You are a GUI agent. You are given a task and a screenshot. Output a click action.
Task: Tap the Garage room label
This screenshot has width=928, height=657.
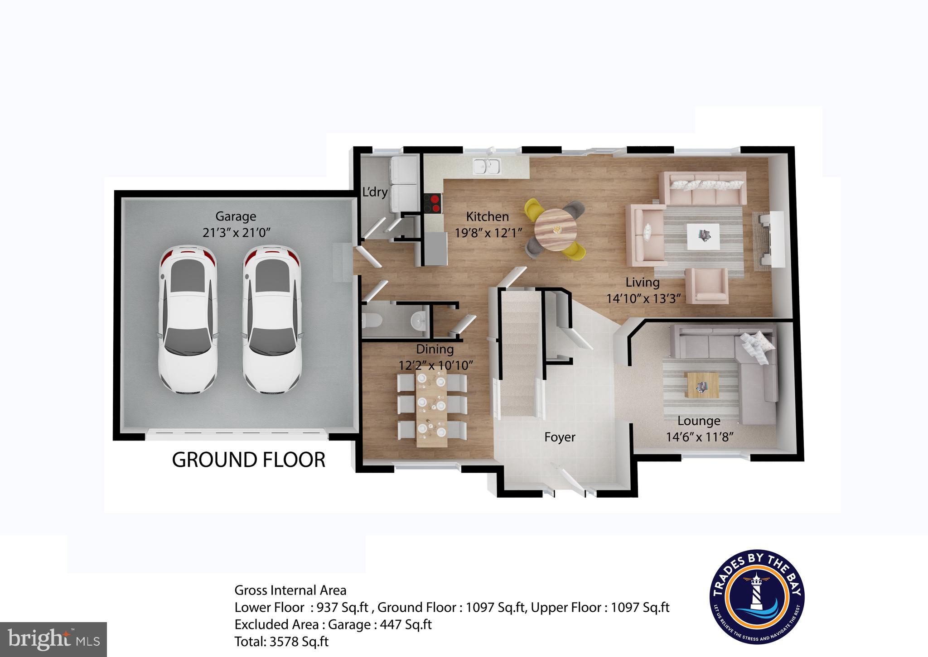point(236,216)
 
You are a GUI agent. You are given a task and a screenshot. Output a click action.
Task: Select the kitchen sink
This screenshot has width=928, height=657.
point(486,166)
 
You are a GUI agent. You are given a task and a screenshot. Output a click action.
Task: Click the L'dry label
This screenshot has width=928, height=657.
point(375,192)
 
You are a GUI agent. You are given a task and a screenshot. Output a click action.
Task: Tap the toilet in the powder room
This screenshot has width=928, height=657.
point(372,321)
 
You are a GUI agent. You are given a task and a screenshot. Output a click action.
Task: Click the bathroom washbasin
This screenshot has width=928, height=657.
point(418,321)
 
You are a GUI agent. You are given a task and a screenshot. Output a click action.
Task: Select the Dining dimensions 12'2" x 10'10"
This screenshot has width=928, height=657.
point(435,365)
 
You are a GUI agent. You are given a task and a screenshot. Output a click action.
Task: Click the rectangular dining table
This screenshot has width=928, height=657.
point(431,410)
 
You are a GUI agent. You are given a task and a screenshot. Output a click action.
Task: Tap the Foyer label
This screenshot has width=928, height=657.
point(560,437)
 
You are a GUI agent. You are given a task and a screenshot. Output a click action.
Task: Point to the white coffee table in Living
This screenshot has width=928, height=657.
point(703,236)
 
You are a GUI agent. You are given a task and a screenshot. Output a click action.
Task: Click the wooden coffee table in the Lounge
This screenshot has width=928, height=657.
point(702,385)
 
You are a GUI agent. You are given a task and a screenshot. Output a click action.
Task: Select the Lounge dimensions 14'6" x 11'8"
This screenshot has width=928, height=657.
point(699,437)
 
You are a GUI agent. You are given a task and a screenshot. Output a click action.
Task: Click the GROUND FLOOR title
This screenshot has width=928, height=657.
point(248,460)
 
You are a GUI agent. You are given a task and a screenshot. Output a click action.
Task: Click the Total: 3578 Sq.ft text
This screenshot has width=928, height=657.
point(281,642)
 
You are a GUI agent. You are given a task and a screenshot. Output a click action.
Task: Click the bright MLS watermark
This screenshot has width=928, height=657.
point(53,639)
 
